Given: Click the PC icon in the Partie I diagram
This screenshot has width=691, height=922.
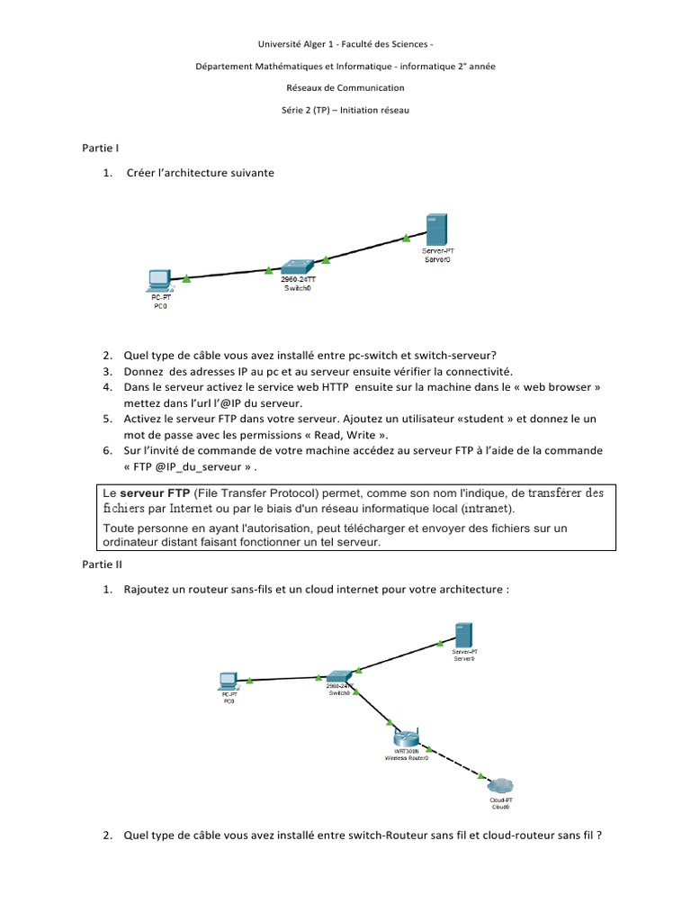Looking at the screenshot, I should coord(159,281).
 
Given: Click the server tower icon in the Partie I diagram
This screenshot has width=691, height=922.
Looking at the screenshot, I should coord(436,230).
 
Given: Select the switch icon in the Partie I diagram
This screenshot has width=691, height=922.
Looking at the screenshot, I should coord(296,267).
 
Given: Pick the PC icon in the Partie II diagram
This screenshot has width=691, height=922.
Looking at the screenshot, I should coord(229,680).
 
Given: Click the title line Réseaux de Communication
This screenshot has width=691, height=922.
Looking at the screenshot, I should coord(345,87).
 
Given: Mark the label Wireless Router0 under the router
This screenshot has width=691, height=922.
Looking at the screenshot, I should coord(407,757).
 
